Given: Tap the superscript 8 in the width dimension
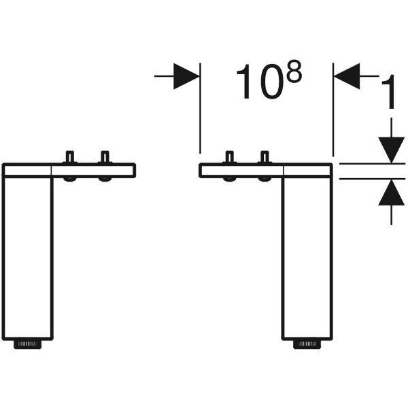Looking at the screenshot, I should (x=293, y=72).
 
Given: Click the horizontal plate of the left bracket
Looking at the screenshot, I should (x=95, y=170).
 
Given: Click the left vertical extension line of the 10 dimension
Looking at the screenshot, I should (x=200, y=116).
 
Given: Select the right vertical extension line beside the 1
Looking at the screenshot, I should (x=333, y=116).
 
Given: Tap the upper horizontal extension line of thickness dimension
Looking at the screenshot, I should (x=371, y=164).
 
